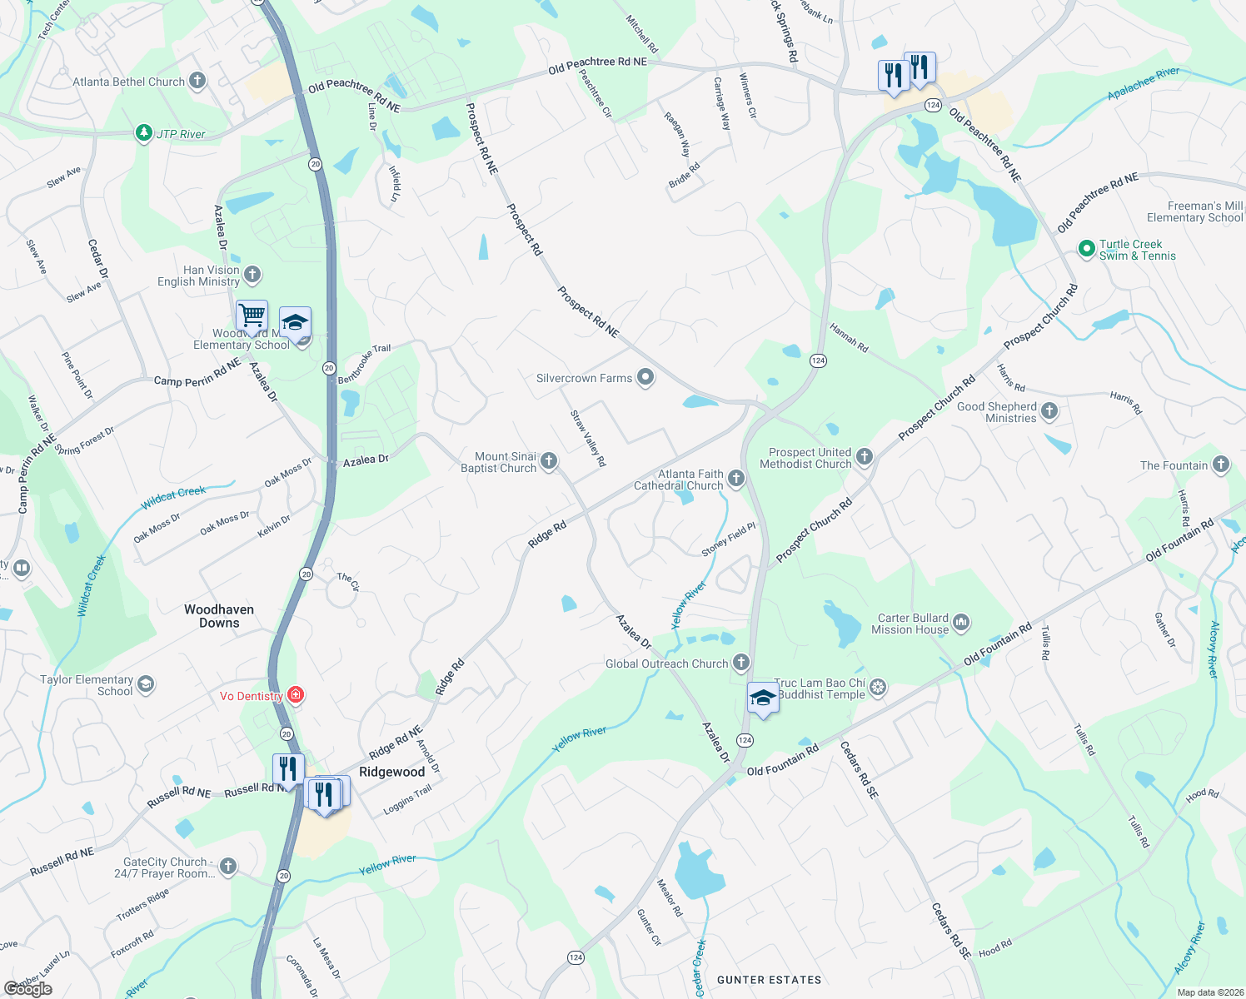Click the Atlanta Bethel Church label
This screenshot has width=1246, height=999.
[128, 82]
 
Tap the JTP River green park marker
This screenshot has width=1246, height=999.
[144, 133]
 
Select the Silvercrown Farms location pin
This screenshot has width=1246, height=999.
[645, 378]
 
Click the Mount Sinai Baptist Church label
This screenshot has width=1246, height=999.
[498, 462]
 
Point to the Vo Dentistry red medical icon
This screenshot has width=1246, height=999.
[295, 695]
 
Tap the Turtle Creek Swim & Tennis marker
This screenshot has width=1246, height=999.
[1086, 249]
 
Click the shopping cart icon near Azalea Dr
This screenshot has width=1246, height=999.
[252, 316]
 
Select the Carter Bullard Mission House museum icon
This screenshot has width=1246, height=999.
[961, 622]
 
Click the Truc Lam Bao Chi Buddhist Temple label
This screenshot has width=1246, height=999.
[820, 688]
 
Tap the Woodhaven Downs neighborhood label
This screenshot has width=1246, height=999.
[219, 616]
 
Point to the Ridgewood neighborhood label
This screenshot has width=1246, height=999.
[391, 772]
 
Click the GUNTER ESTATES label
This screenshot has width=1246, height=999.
[769, 980]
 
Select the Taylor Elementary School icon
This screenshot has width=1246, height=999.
[146, 684]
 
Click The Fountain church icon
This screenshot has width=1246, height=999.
[1220, 465]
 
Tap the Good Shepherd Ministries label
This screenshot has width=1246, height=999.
[996, 412]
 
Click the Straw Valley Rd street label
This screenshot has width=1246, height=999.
[588, 438]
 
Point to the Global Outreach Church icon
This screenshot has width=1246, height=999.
[740, 663]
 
